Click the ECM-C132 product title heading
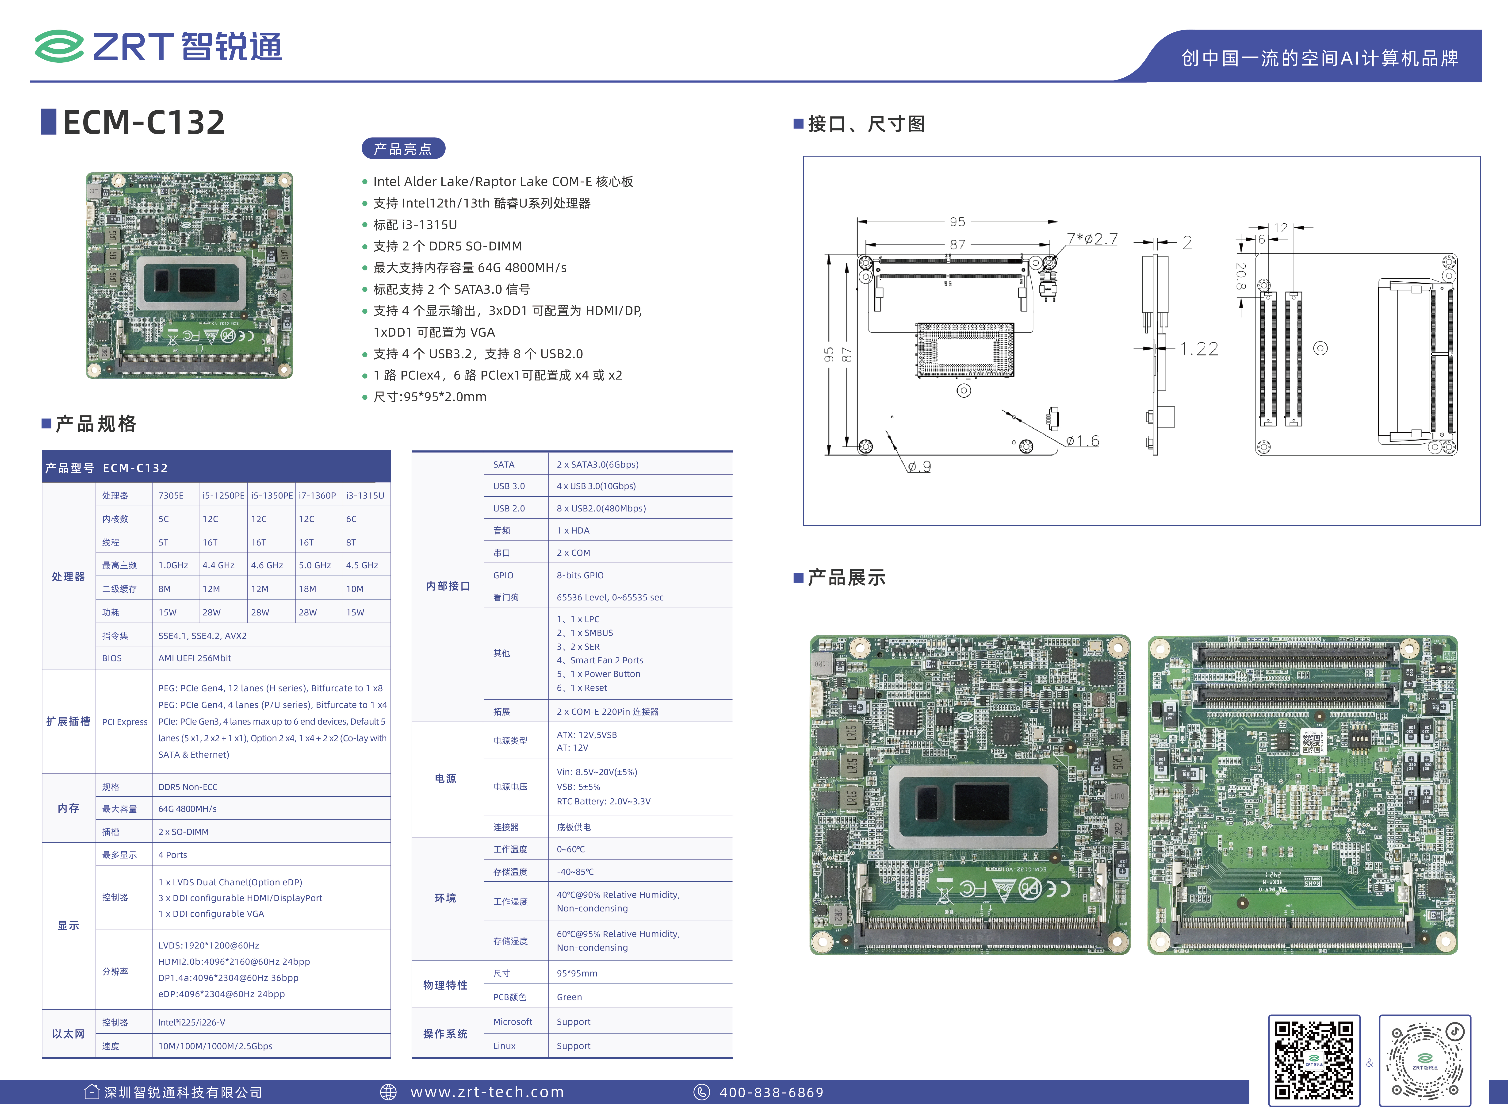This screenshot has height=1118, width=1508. (143, 123)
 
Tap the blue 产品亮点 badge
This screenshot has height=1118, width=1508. (403, 149)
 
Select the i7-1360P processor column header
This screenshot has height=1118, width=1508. (317, 495)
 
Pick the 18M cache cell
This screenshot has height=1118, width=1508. (308, 589)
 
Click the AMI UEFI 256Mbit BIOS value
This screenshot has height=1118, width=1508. (195, 658)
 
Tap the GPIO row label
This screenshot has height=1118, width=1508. (503, 575)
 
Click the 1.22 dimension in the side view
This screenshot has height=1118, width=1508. (1199, 349)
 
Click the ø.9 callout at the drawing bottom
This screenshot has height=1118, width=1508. (919, 466)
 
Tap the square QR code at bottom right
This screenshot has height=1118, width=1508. (1314, 1060)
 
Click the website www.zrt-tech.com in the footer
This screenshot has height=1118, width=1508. (487, 1092)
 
